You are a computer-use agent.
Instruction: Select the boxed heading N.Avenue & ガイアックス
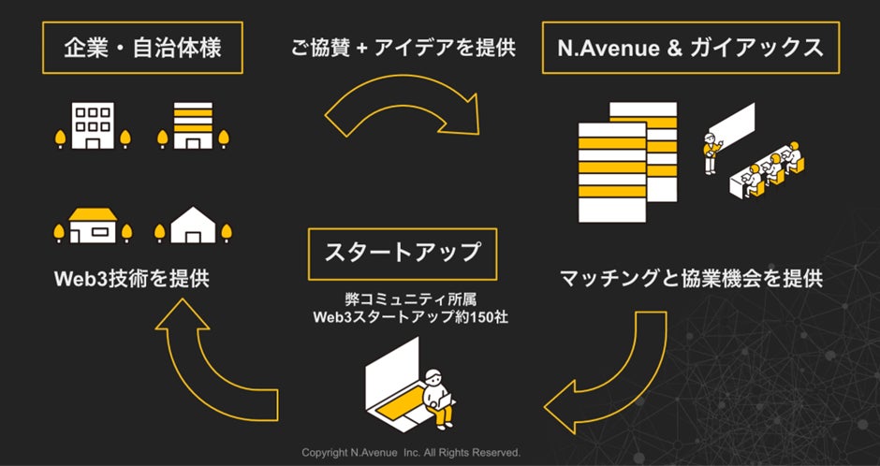690,48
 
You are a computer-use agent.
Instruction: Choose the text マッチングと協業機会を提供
691,278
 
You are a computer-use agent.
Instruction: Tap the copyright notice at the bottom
410,453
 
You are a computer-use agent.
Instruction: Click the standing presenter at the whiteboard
711,153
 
